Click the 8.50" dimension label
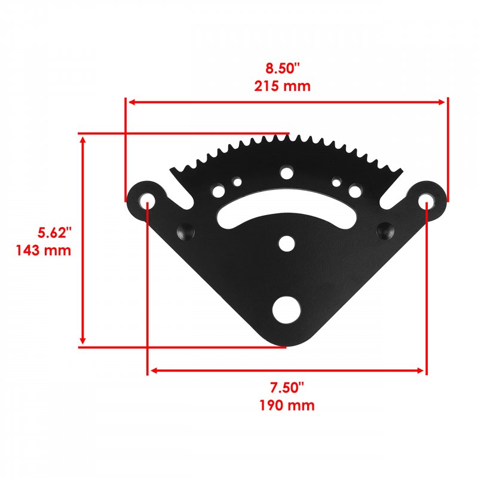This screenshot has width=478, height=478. point(283,68)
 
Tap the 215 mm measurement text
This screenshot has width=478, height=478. point(282,86)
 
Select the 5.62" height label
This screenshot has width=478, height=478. point(54,232)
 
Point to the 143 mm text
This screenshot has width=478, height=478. point(43,250)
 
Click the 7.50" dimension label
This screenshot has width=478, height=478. point(287,387)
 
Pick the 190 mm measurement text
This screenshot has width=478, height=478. point(287,406)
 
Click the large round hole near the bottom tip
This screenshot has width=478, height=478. point(286,310)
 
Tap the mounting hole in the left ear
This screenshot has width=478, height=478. point(147,201)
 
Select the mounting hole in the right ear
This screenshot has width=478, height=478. point(426,201)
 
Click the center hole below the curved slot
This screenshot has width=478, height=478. point(287,244)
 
